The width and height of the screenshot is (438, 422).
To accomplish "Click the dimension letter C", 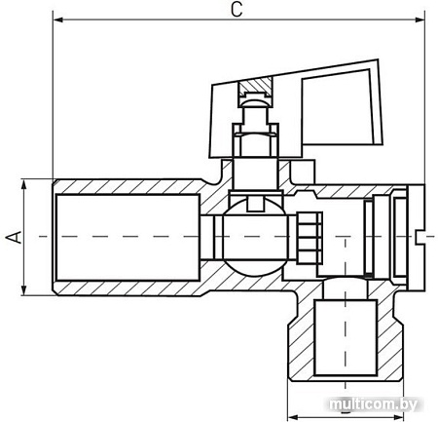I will point(236,10).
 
